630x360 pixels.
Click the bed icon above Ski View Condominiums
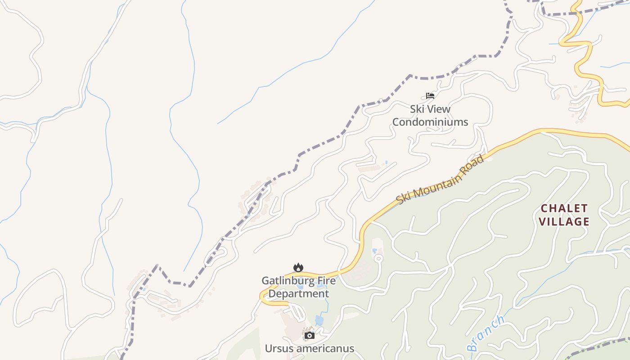pyautogui.click(x=430, y=95)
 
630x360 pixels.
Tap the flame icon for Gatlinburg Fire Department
pyautogui.click(x=298, y=268)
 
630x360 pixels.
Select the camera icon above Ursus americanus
pyautogui.click(x=309, y=335)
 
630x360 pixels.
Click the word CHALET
pyautogui.click(x=564, y=208)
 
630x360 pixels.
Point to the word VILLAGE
pyautogui.click(x=564, y=221)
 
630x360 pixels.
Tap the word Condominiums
pyautogui.click(x=430, y=122)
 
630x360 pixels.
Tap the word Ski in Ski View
pyautogui.click(x=417, y=109)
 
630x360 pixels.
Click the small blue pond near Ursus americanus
pyautogui.click(x=319, y=320)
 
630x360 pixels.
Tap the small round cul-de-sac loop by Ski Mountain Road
pyautogui.click(x=378, y=258)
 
